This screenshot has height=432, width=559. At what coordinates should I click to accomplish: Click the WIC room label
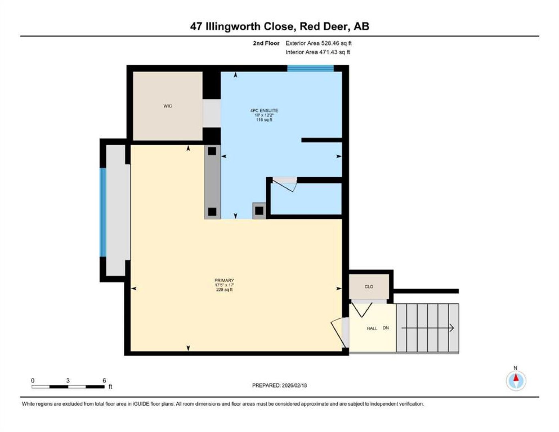(x=167, y=106)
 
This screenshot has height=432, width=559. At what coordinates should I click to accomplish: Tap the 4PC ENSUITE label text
(x=264, y=110)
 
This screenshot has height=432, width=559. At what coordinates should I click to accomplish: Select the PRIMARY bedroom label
(x=224, y=280)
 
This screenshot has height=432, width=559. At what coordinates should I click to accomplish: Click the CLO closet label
(x=369, y=286)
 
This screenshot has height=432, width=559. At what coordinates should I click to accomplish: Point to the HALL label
(x=372, y=328)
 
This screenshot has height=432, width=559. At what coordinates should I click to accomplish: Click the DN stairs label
(x=386, y=328)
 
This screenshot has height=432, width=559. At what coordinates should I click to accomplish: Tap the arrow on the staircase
(x=427, y=328)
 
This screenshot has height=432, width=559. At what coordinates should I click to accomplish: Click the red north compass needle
(x=516, y=377)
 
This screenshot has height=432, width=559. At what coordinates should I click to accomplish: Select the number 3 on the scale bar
(x=68, y=381)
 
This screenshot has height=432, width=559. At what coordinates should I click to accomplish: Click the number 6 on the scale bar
(x=104, y=381)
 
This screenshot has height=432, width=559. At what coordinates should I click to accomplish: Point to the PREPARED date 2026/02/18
(x=294, y=386)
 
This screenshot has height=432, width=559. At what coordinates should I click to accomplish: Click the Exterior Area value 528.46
(x=330, y=43)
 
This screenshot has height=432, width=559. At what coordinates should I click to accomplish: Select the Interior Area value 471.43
(x=328, y=52)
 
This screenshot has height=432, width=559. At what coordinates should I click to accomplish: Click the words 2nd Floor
(x=266, y=43)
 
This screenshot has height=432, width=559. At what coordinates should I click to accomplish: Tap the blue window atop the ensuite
(x=310, y=68)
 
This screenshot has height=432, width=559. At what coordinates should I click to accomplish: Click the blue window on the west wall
(x=103, y=212)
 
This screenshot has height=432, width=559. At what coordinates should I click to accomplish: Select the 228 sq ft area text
(x=224, y=290)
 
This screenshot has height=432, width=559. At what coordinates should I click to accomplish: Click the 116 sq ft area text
(x=264, y=120)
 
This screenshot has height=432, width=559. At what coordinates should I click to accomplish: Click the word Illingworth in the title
(x=235, y=27)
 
